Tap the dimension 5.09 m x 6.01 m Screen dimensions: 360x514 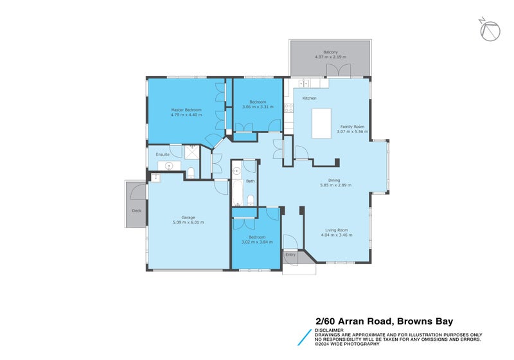tap(188, 222)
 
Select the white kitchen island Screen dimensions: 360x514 tap(322, 123)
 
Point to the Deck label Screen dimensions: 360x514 tap(136, 211)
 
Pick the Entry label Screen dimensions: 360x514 tap(290, 255)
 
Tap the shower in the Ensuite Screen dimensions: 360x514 tap(192, 152)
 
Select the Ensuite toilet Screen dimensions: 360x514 tap(191, 170)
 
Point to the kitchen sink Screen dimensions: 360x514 tap(303, 84)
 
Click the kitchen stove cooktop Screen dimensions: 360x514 tap(288, 108)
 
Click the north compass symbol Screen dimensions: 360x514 tap(490, 30)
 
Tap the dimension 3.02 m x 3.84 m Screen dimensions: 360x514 tap(257, 242)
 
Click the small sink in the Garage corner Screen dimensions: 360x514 tap(155, 177)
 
